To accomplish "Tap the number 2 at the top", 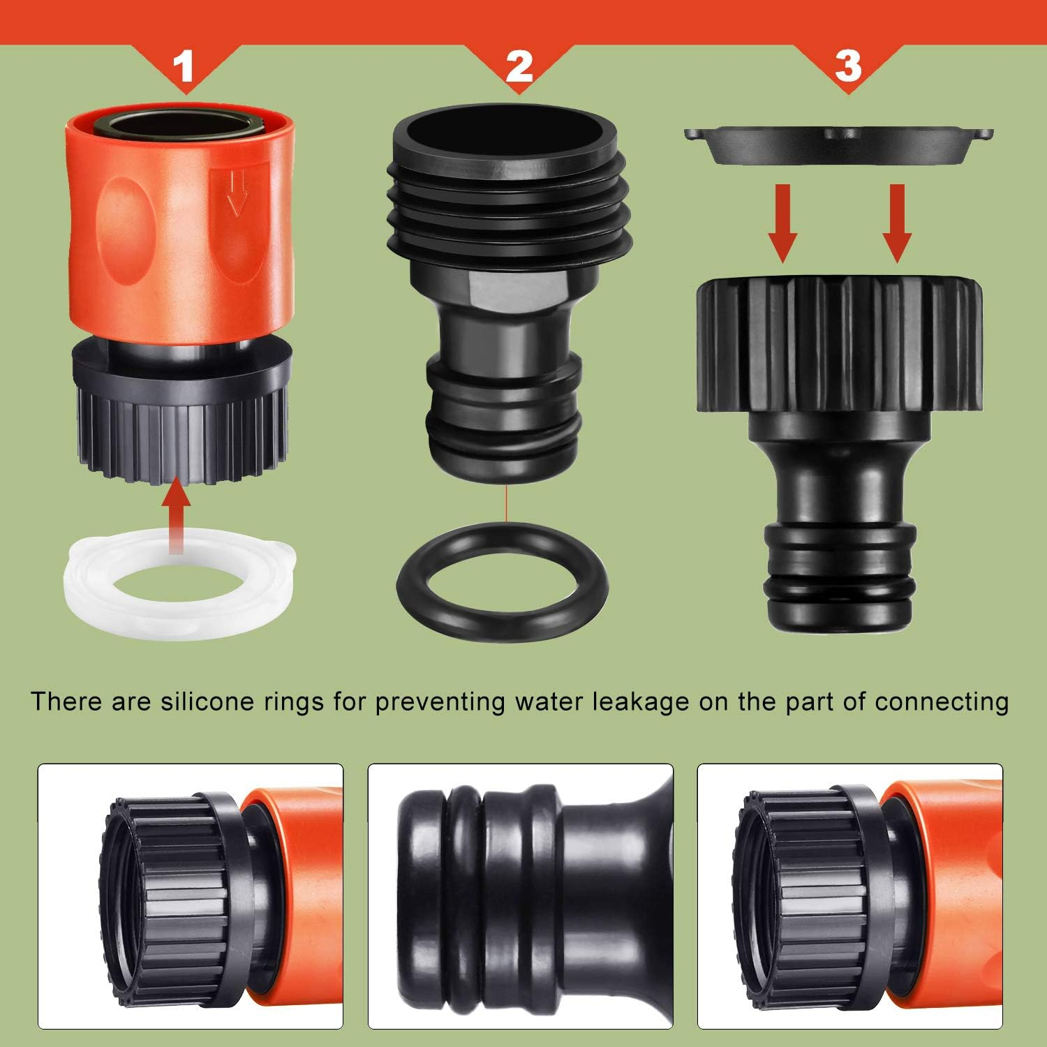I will point(519,66).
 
